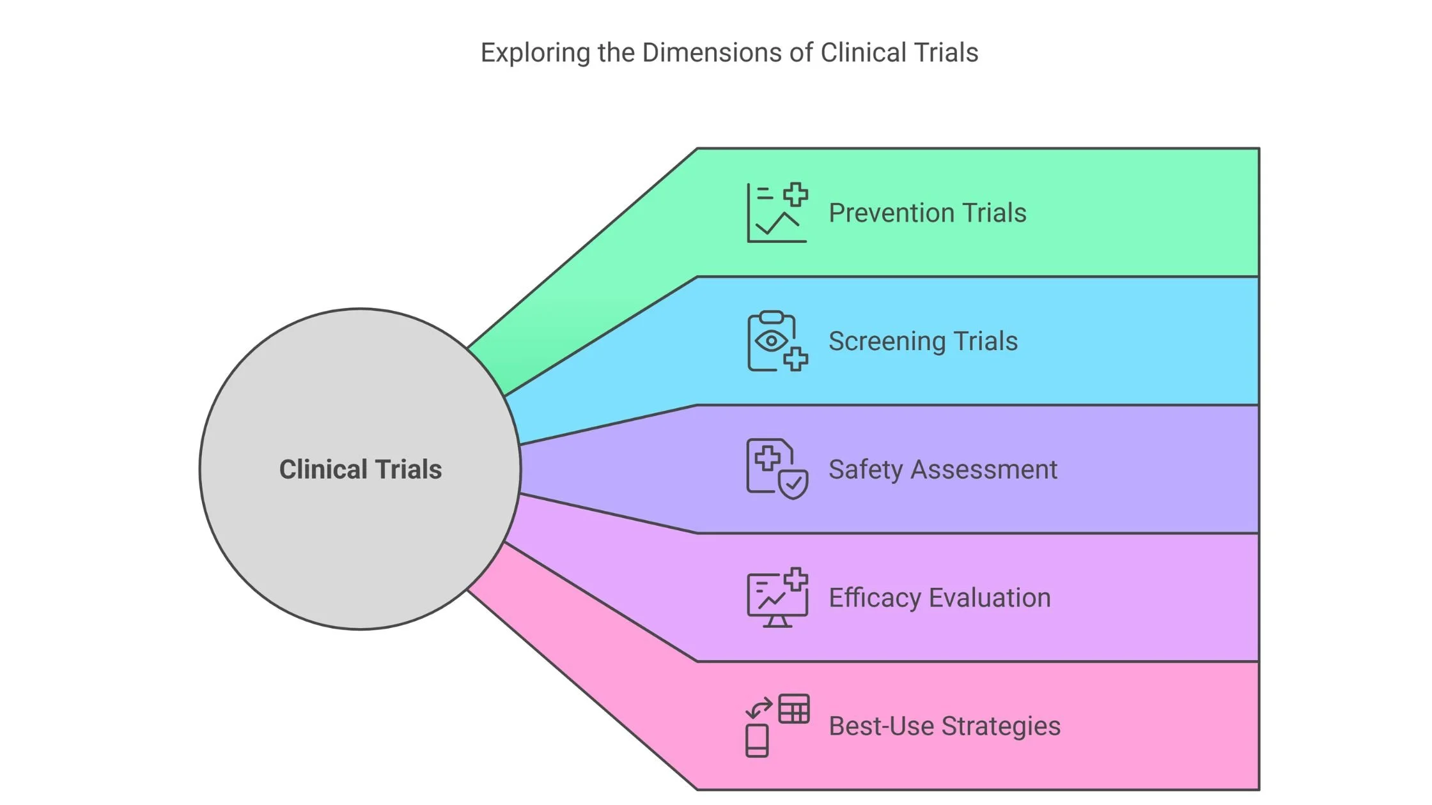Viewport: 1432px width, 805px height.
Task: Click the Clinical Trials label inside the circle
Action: tap(361, 470)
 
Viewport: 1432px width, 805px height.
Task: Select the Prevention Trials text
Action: tap(927, 213)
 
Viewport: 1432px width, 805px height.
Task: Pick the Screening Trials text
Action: tap(922, 341)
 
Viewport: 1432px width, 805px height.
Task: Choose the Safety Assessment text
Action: tap(942, 470)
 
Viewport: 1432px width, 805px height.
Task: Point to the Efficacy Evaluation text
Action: tap(939, 598)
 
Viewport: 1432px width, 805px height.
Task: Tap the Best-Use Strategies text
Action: tap(944, 726)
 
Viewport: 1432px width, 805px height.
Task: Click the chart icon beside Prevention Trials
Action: tap(777, 213)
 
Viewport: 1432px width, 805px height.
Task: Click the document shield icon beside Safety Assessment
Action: tap(777, 470)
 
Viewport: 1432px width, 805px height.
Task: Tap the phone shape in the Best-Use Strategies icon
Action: tap(757, 740)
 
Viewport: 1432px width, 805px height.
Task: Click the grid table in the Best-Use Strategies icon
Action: tap(794, 709)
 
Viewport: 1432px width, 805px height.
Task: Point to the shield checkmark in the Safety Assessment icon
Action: tap(794, 485)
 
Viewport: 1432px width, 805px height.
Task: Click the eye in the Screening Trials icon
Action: tap(771, 341)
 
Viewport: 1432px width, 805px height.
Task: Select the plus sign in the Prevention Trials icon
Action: tap(796, 194)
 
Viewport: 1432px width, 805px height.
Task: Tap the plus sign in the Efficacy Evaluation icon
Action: tap(796, 579)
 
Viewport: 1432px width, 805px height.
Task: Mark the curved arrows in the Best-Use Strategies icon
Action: tap(759, 708)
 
